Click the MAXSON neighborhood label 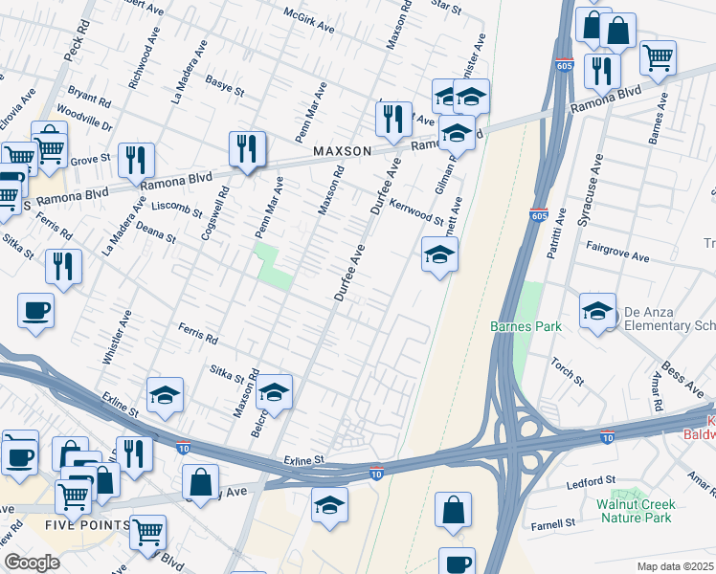tap(341, 151)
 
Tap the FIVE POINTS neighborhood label tap(87, 525)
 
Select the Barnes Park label tap(525, 326)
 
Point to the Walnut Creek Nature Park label tap(635, 511)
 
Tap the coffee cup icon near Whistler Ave tap(35, 310)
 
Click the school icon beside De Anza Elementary tap(597, 311)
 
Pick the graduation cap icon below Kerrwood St tap(439, 254)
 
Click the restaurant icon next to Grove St tap(135, 159)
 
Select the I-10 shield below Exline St tap(377, 473)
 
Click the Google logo tap(33, 562)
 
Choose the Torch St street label tap(568, 369)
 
